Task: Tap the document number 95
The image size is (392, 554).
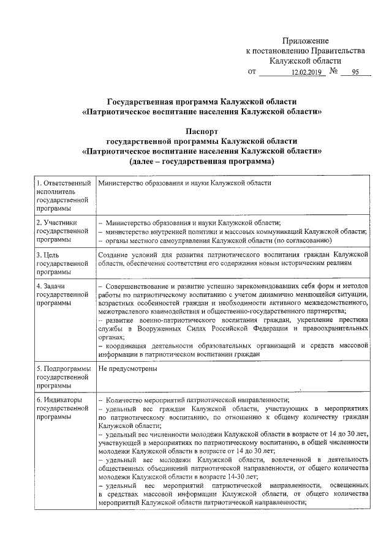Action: tap(355, 72)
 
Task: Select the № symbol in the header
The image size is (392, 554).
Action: tap(334, 72)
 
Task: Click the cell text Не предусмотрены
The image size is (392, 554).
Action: tap(127, 369)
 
